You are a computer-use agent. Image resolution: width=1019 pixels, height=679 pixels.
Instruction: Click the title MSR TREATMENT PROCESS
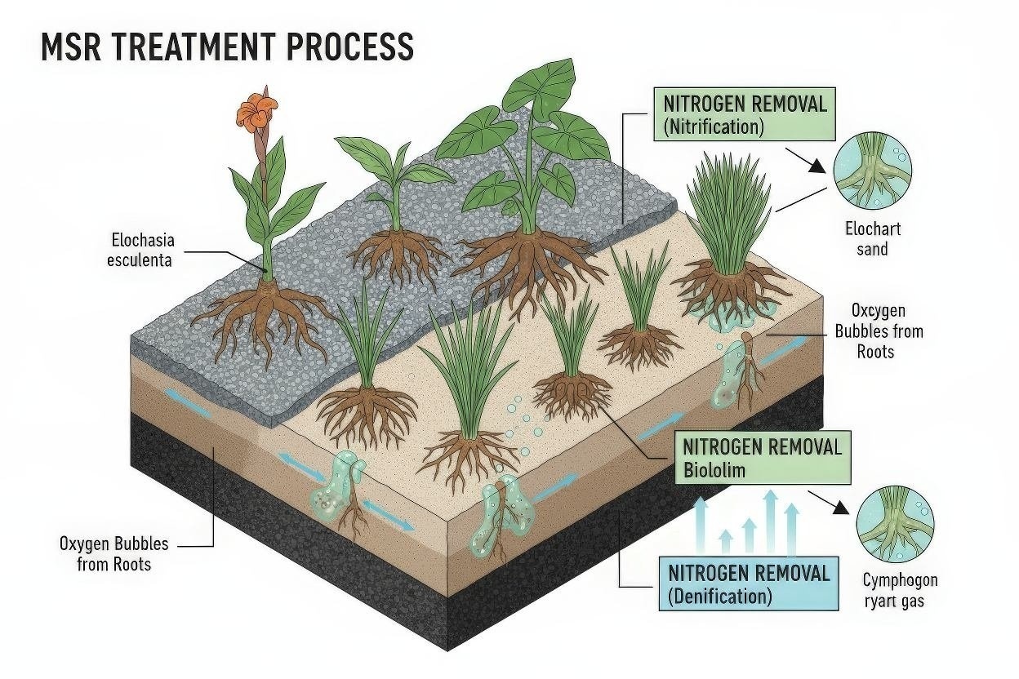227,47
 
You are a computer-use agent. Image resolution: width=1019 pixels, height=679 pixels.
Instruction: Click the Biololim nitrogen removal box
762,458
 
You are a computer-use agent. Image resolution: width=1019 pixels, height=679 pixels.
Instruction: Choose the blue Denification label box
748,584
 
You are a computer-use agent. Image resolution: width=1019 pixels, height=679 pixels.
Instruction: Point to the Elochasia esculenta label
144,251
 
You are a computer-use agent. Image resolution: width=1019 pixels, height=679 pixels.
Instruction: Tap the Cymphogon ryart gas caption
900,591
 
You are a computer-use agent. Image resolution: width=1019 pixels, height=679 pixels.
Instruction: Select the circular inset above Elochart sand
873,173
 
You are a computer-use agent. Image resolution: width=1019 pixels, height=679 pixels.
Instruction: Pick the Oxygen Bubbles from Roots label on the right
878,331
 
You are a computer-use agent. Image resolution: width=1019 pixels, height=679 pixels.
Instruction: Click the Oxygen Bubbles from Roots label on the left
114,553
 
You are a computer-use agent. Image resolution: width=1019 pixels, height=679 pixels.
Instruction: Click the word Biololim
714,470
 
